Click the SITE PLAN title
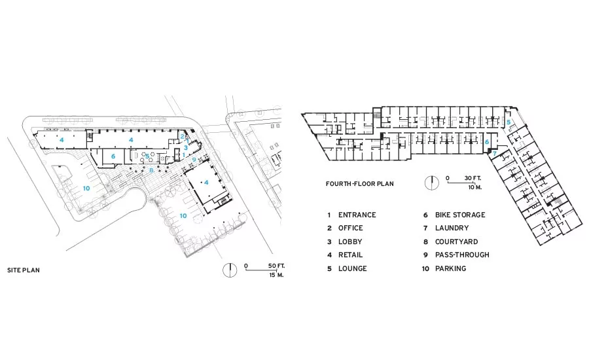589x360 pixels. click(24, 270)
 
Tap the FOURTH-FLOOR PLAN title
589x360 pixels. click(359, 184)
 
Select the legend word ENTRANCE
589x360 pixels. click(357, 215)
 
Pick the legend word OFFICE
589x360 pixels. click(351, 228)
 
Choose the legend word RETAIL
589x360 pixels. click(351, 255)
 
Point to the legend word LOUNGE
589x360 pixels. click(352, 268)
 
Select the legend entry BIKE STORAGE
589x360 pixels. click(460, 215)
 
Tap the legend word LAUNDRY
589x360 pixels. click(452, 228)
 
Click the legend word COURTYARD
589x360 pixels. click(456, 242)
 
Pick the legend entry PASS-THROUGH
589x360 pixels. click(462, 255)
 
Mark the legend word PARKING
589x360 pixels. click(450, 268)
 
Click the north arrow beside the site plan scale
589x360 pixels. click(230, 270)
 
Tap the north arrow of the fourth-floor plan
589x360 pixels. click(432, 183)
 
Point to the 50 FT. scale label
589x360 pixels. click(276, 266)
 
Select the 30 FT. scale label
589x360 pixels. click(473, 178)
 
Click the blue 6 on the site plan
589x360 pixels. click(113, 156)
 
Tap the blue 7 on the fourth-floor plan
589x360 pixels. click(495, 153)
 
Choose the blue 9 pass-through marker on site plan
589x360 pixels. click(194, 159)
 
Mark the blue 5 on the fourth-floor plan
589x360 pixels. click(509, 122)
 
